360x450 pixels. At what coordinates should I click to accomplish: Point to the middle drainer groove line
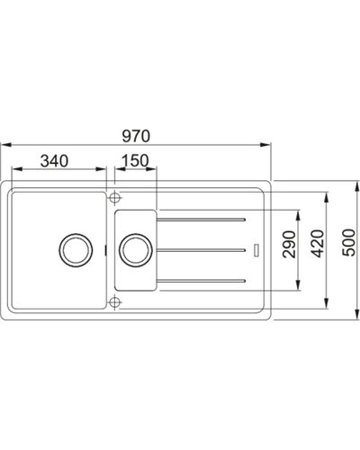(202, 249)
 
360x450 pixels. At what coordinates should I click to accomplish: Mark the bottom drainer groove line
(202, 282)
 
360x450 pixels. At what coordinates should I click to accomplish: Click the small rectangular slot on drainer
(256, 248)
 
